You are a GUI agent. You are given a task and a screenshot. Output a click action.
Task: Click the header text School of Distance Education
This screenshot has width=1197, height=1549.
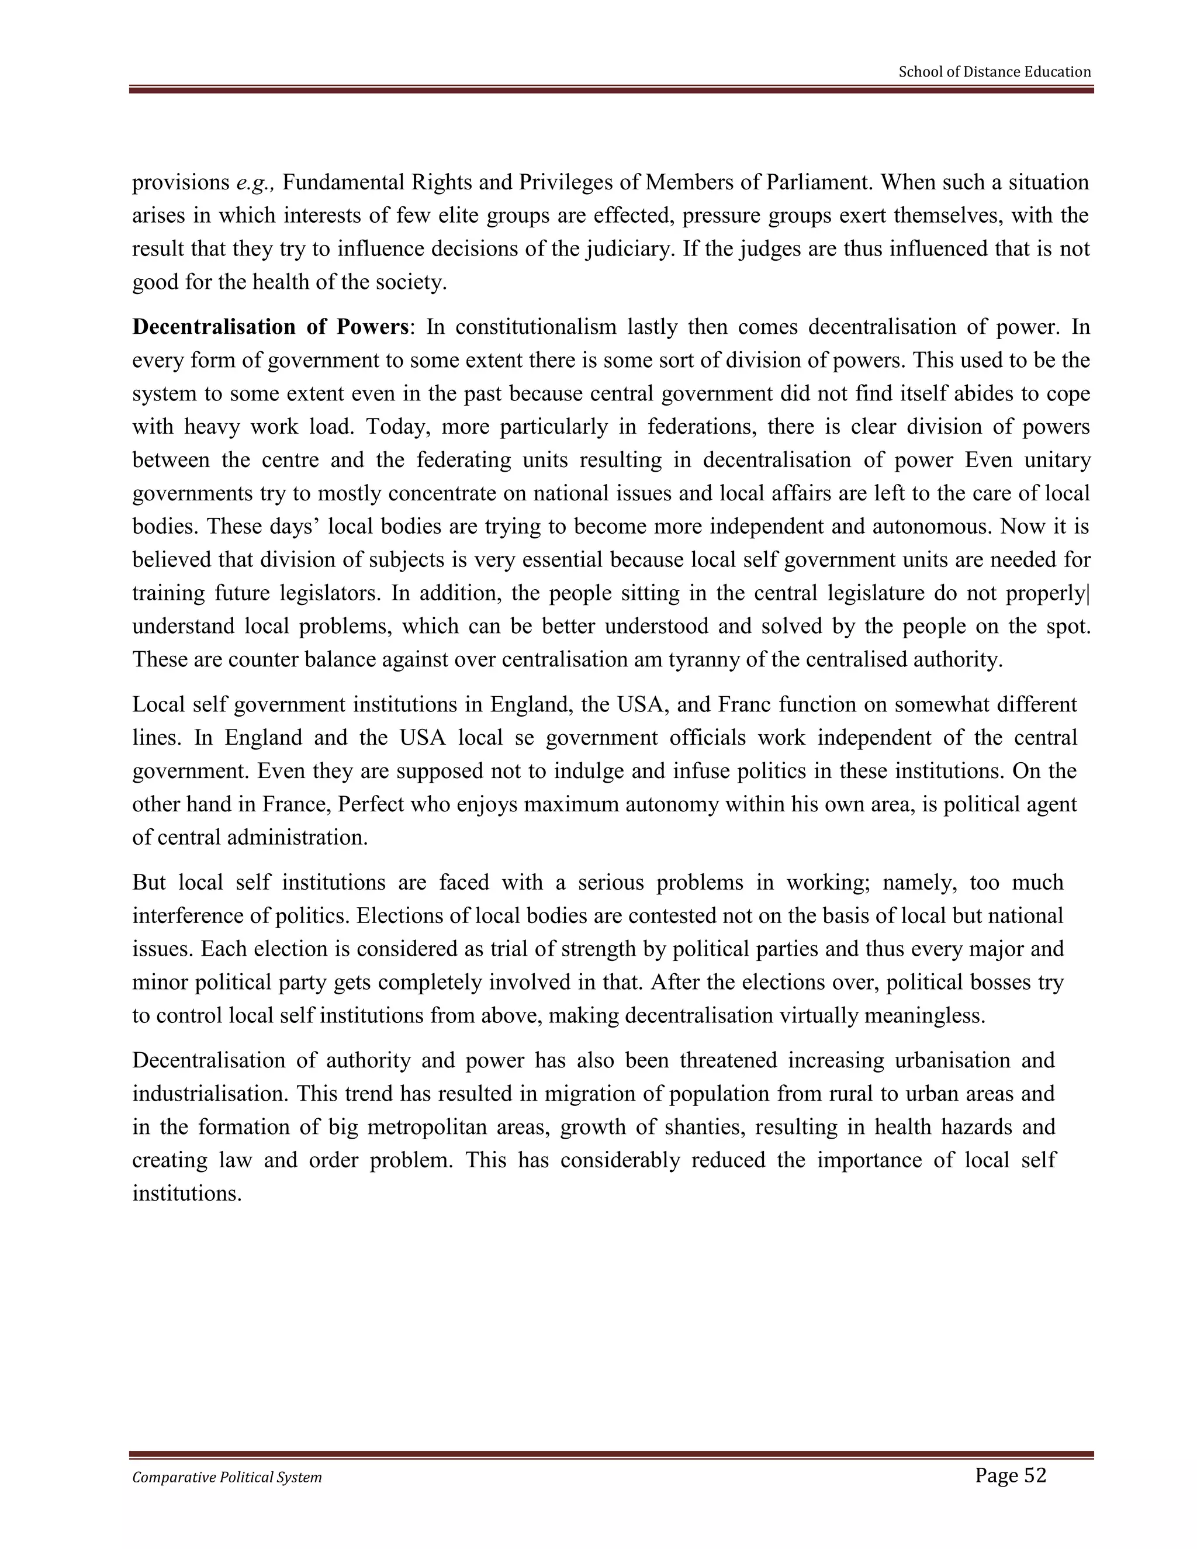click(x=994, y=72)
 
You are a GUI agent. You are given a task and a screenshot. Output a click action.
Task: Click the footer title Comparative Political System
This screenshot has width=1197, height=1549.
click(x=227, y=1477)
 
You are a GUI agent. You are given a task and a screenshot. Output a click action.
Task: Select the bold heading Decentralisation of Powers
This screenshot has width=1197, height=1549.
click(x=271, y=327)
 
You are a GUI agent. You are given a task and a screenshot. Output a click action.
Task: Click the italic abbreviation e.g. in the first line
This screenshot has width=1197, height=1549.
click(x=255, y=183)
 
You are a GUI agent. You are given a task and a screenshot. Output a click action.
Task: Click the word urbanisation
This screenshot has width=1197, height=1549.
click(x=952, y=1060)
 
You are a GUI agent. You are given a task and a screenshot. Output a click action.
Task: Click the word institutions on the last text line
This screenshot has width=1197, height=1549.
click(x=187, y=1194)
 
